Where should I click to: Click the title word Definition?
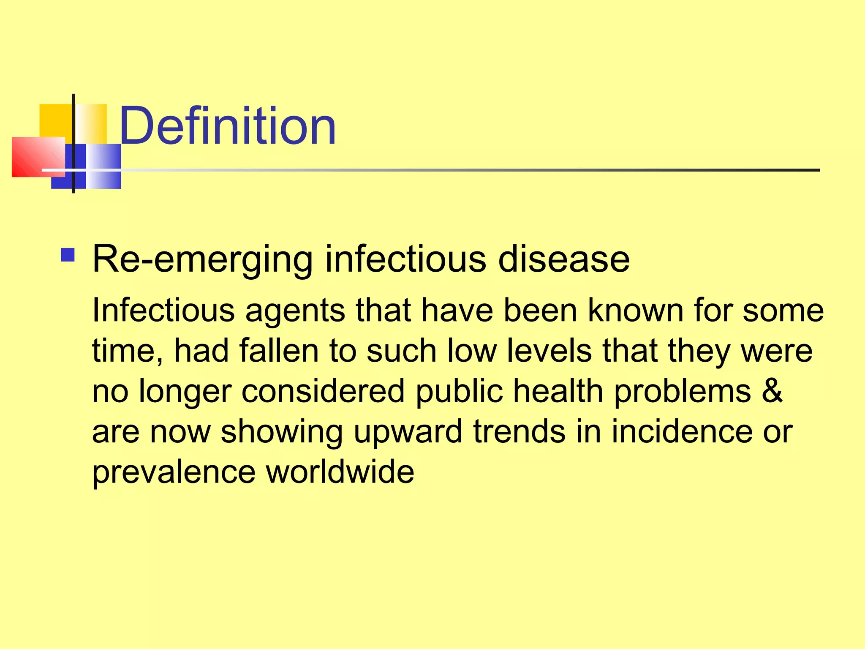pyautogui.click(x=227, y=126)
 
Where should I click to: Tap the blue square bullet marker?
pyautogui.click(x=68, y=255)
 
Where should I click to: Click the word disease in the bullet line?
pyautogui.click(x=564, y=259)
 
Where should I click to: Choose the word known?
pyautogui.click(x=635, y=311)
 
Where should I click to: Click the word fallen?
pyautogui.click(x=279, y=351)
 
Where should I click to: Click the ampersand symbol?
pyautogui.click(x=773, y=390)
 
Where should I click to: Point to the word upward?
pyautogui.click(x=408, y=432)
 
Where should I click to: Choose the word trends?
pyautogui.click(x=519, y=432)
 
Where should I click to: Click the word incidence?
pyautogui.click(x=682, y=432)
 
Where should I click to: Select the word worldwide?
pyautogui.click(x=340, y=472)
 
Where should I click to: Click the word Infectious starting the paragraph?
pyautogui.click(x=163, y=311)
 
